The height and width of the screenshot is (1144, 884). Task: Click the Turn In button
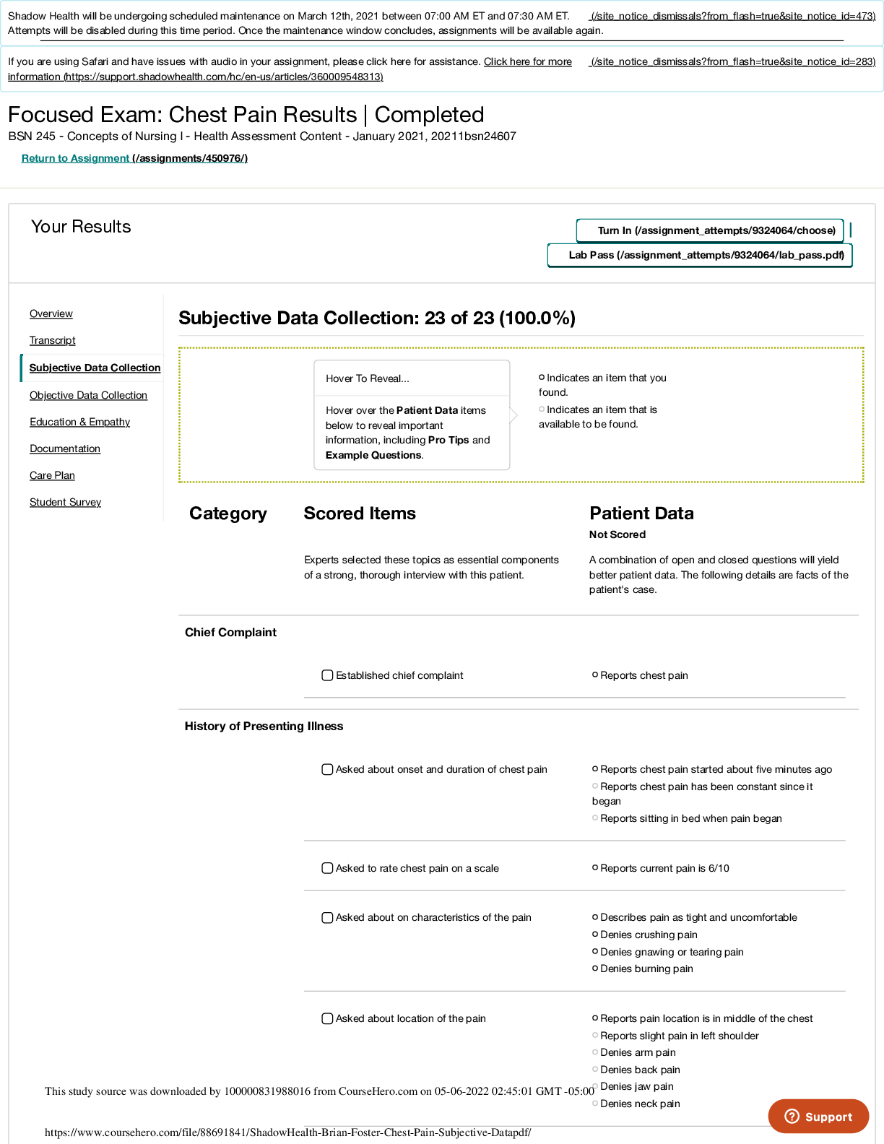coord(710,230)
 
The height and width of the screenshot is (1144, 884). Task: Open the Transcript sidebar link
coord(52,340)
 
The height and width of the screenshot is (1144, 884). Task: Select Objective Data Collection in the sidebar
coord(88,395)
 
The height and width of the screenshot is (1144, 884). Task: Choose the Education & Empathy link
coord(79,422)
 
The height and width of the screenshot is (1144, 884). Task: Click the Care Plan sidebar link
coord(52,475)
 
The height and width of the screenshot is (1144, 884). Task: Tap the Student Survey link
coord(65,502)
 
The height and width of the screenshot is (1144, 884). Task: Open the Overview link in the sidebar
coord(51,313)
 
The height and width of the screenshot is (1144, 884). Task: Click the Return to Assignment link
coord(134,158)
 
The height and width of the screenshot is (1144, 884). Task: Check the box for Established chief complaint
coord(327,675)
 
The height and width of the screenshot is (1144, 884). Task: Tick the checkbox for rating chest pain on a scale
coord(327,868)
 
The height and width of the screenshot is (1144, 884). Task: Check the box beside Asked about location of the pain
coord(327,1019)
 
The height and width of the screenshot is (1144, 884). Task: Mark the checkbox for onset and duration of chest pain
coord(327,770)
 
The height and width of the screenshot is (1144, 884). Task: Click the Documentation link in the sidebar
coord(65,448)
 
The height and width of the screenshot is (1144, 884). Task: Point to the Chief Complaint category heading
coord(230,632)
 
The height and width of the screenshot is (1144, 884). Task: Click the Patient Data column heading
coord(641,513)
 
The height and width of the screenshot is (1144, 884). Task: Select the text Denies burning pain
coord(646,968)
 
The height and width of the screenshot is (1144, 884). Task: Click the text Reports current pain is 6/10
coord(664,868)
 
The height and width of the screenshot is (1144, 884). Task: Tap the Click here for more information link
coord(290,69)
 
